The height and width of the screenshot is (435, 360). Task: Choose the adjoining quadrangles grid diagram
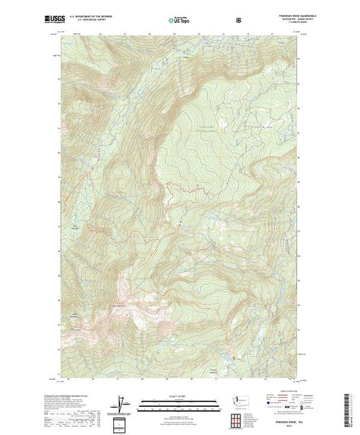[238, 420]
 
